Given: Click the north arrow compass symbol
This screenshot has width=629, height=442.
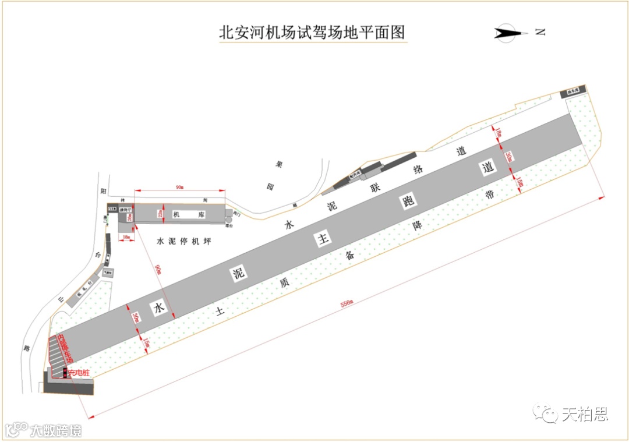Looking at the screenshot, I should tap(511, 33).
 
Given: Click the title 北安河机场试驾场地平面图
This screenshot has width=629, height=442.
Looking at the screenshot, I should tap(312, 31).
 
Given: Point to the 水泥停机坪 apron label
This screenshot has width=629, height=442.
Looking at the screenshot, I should tap(183, 241).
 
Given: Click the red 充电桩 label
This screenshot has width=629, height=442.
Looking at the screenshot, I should tap(79, 372).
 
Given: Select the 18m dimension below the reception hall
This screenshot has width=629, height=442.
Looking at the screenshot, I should tap(127, 238).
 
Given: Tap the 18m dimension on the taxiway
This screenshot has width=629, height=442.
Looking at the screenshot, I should tap(499, 133).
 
